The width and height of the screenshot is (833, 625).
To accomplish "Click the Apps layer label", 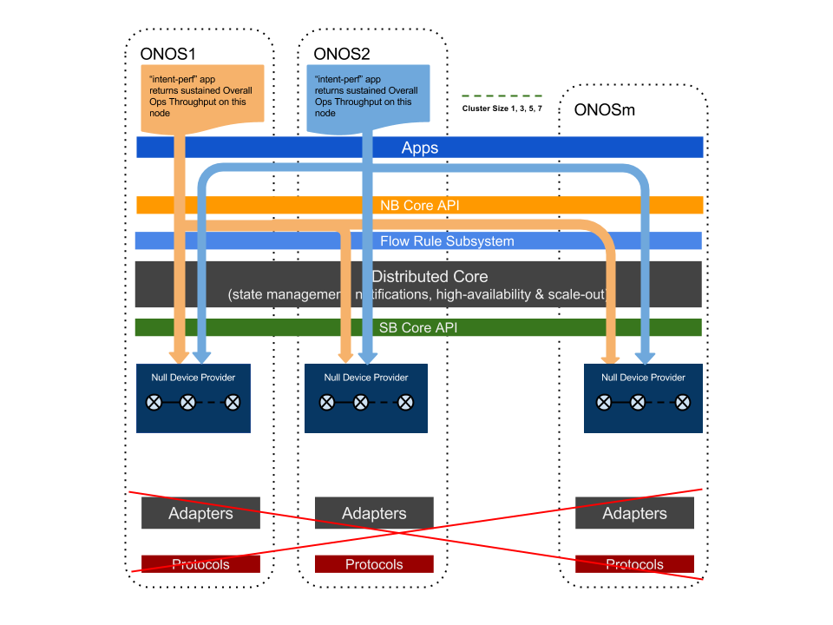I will pos(420,148).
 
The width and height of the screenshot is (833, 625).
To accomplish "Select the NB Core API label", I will pos(420,206).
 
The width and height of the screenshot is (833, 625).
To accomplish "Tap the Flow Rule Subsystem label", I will pos(447,241).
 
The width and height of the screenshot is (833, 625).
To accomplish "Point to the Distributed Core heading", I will pos(430,277).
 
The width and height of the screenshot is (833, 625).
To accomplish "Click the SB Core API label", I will pos(418,328).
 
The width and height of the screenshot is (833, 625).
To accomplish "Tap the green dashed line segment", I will pos(502,95).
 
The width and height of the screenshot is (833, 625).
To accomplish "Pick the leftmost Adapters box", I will pos(200,513).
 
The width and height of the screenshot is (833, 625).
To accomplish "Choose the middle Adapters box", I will pos(374,513).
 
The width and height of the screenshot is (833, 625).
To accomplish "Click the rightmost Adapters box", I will pos(634,513).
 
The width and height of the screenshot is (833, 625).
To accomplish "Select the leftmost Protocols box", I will pos(200,564).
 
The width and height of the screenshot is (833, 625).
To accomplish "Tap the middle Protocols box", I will pos(374,564).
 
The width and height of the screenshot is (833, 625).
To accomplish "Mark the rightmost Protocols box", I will pos(634,564).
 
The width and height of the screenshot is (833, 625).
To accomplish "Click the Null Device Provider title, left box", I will pos(193,378).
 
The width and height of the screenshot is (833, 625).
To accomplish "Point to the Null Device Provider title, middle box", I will pos(366,378).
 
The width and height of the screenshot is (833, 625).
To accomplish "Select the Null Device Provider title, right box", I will pos(643,378).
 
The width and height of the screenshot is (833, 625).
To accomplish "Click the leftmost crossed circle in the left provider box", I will pos(154,402).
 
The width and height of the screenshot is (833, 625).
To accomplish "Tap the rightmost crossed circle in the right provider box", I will pos(683,402).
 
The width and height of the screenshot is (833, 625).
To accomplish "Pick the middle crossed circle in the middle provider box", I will pos(360,402).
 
